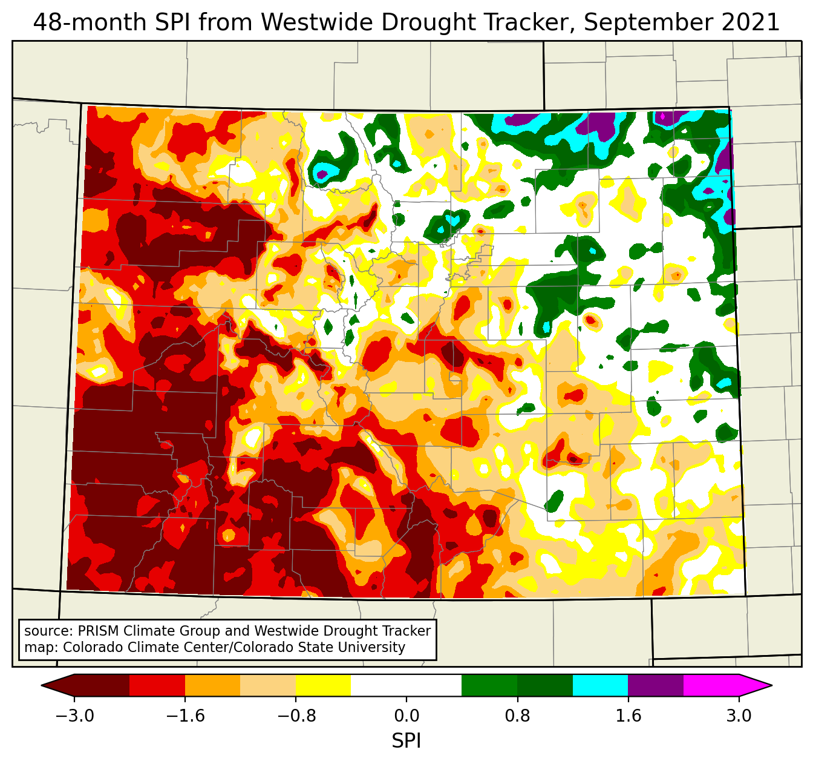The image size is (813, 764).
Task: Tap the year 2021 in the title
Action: (x=751, y=23)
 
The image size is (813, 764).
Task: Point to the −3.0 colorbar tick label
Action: (x=74, y=716)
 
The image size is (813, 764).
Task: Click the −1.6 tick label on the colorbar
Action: (x=185, y=716)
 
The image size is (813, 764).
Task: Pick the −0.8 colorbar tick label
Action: (x=296, y=716)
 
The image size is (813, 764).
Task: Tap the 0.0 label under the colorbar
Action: (x=406, y=716)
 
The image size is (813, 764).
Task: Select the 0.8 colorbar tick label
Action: (x=517, y=716)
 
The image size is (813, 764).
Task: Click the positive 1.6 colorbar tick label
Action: (x=628, y=716)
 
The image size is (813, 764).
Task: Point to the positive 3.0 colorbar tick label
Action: (x=739, y=716)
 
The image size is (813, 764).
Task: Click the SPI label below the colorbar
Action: (x=406, y=740)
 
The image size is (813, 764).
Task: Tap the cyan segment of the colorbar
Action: (x=600, y=685)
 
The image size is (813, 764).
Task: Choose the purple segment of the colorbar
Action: (x=656, y=685)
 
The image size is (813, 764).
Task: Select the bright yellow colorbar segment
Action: (x=324, y=685)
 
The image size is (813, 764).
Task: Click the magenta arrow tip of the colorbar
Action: (x=756, y=685)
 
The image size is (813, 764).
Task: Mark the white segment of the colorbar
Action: (x=406, y=685)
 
